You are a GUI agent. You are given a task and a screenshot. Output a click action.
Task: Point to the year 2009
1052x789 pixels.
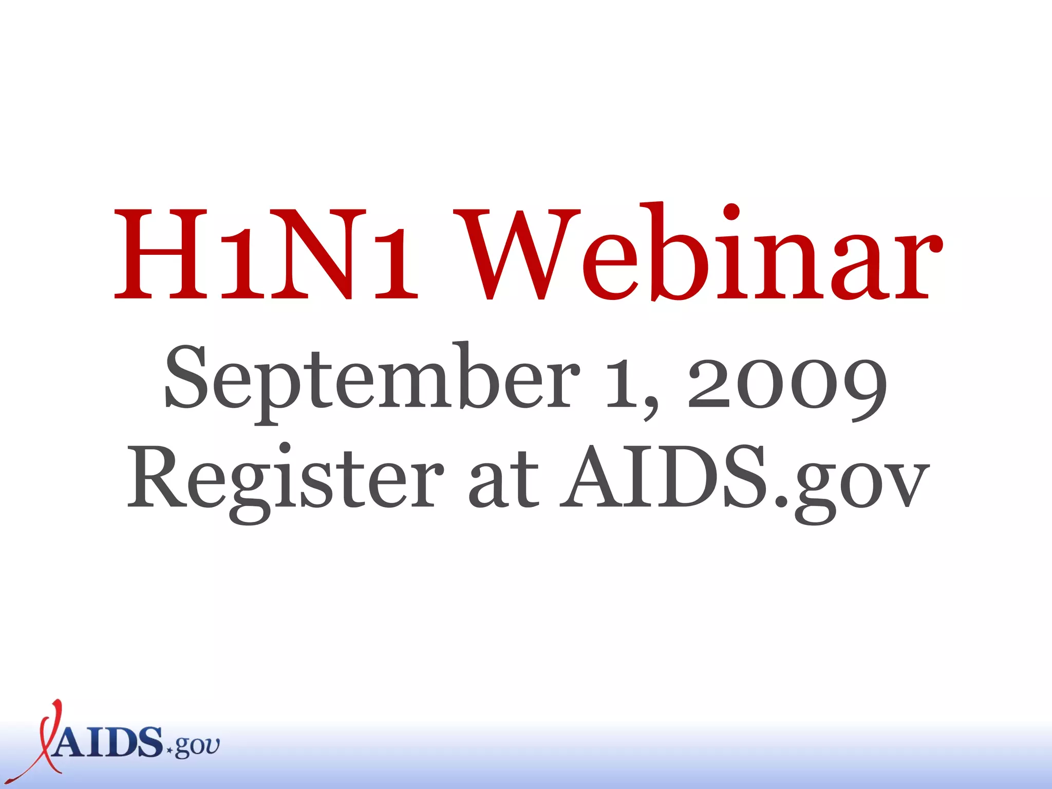pos(786,383)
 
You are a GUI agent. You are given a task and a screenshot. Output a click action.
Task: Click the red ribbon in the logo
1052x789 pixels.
pos(44,740)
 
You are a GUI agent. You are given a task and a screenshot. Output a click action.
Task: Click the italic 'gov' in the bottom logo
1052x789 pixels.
pos(198,747)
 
